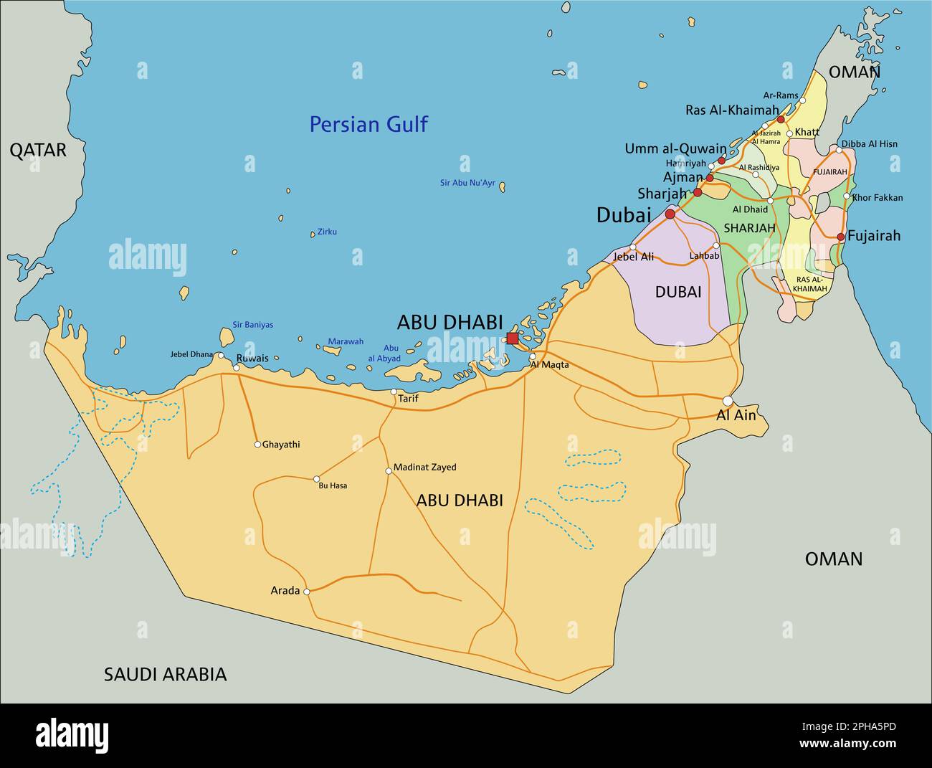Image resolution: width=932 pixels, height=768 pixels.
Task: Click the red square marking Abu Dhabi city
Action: pos(512,338)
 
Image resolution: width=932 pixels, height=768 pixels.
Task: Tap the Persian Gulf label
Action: pos(368,125)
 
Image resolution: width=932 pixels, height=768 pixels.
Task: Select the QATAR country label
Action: pos(37,150)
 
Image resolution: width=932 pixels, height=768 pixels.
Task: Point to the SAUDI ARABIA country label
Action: pos(165,674)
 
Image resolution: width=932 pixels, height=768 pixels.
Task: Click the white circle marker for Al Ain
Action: pos(728,401)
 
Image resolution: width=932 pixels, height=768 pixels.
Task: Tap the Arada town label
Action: pos(285,591)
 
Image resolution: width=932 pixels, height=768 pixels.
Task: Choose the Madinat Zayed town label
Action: pos(425,468)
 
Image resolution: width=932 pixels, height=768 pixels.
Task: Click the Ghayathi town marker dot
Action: pos(257,445)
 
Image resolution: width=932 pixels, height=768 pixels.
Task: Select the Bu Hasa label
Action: pos(333,485)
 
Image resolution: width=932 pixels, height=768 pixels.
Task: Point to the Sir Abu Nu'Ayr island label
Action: pos(467,183)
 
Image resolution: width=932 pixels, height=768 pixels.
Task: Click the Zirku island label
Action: pos(327,232)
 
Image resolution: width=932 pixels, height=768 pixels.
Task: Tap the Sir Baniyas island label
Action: pos(252,325)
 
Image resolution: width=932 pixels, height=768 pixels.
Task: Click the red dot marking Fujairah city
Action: pos(841,237)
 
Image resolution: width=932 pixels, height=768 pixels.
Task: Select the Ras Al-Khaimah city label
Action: pos(731,110)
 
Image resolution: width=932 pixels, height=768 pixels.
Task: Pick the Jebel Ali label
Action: pos(633,256)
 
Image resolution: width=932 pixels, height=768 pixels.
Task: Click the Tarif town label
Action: pos(408,399)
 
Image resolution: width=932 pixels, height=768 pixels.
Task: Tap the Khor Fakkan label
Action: pos(878,198)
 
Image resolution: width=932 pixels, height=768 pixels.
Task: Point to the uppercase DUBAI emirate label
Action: pos(677,292)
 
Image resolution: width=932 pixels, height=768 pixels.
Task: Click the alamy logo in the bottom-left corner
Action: pos(72,736)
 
